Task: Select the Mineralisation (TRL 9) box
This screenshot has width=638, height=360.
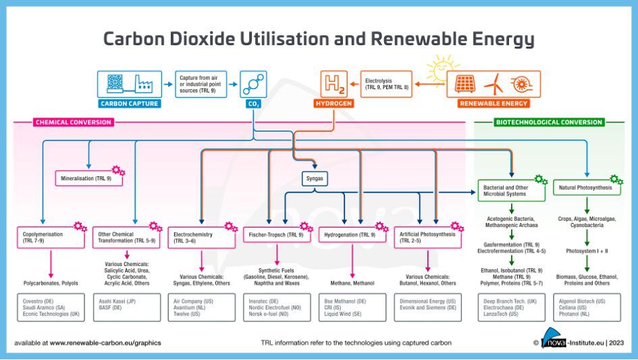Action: [89, 178]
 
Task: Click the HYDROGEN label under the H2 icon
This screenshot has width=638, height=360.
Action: [334, 104]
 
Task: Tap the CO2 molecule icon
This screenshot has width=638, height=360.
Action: [254, 84]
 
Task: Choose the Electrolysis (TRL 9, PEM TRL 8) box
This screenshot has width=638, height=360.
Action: [385, 84]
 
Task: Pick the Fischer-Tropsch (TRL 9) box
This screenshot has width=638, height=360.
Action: [277, 235]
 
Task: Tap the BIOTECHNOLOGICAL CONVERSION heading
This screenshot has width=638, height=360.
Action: [549, 122]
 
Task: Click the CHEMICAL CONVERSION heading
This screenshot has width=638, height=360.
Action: [73, 122]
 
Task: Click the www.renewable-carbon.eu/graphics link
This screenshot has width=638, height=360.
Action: [105, 342]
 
